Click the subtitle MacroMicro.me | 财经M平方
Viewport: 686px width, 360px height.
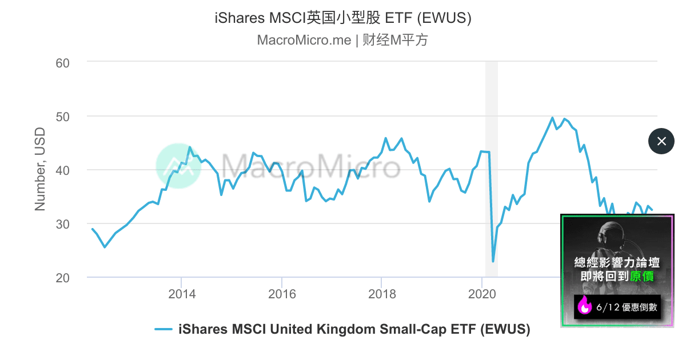(x=343, y=40)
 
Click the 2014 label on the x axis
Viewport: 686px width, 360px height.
(x=182, y=294)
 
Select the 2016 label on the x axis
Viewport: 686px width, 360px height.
(x=282, y=294)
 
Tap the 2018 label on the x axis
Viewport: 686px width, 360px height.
(x=382, y=294)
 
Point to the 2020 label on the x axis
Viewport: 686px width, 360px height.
(x=482, y=294)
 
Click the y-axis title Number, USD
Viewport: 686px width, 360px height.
(x=40, y=169)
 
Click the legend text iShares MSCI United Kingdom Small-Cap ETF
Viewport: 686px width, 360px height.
(x=354, y=329)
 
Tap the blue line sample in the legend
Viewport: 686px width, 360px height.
(x=163, y=329)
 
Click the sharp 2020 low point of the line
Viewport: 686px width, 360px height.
(x=493, y=261)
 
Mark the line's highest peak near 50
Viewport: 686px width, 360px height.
(x=552, y=118)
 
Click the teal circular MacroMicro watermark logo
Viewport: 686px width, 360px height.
(x=178, y=166)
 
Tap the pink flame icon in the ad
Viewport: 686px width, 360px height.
(x=584, y=306)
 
